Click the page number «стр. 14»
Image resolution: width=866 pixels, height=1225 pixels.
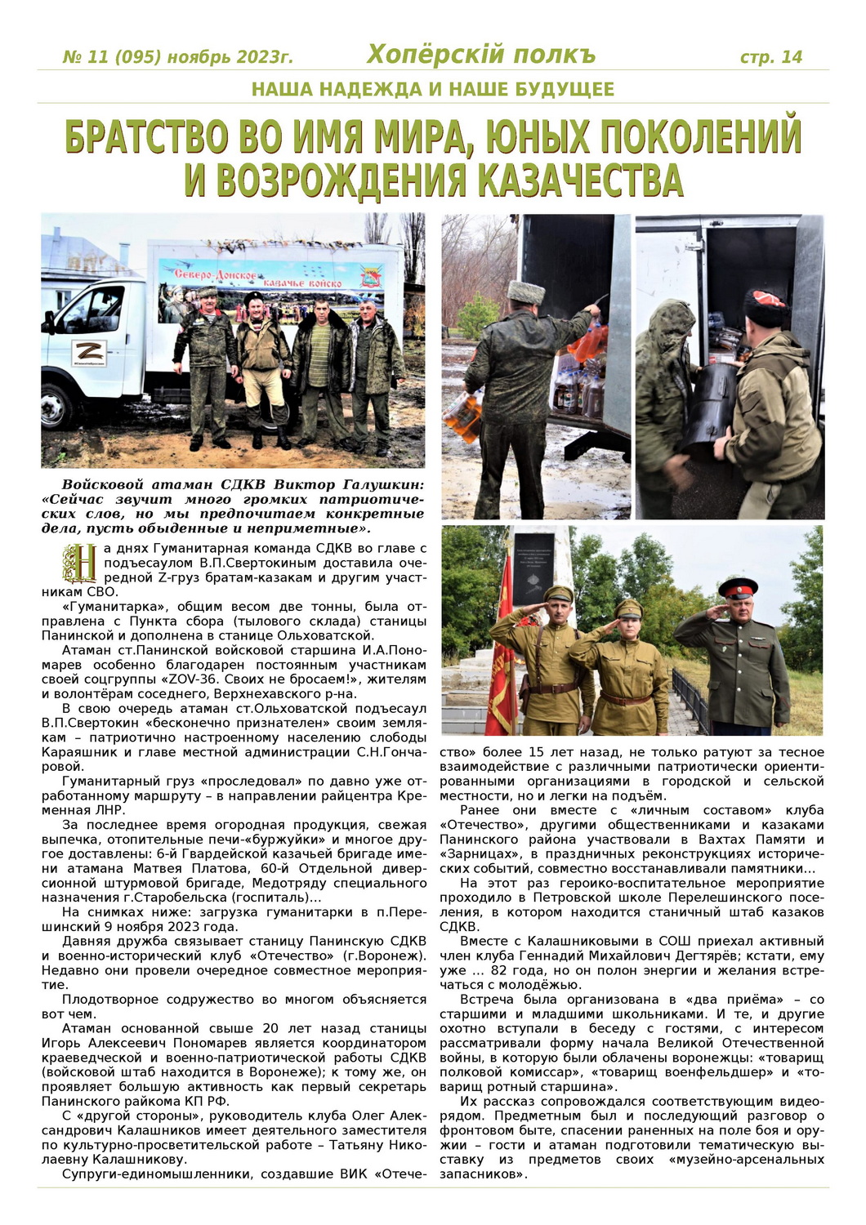tap(770, 57)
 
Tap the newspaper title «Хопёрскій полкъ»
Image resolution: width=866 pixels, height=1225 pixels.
tap(480, 55)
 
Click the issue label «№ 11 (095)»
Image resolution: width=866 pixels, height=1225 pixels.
tap(113, 57)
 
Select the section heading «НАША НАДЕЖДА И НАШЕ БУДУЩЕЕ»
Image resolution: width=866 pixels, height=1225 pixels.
tap(433, 89)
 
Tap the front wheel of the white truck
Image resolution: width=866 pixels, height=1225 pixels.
tap(58, 406)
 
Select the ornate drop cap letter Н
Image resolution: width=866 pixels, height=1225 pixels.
tap(80, 563)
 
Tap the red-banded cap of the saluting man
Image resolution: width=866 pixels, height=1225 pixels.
tap(737, 586)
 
